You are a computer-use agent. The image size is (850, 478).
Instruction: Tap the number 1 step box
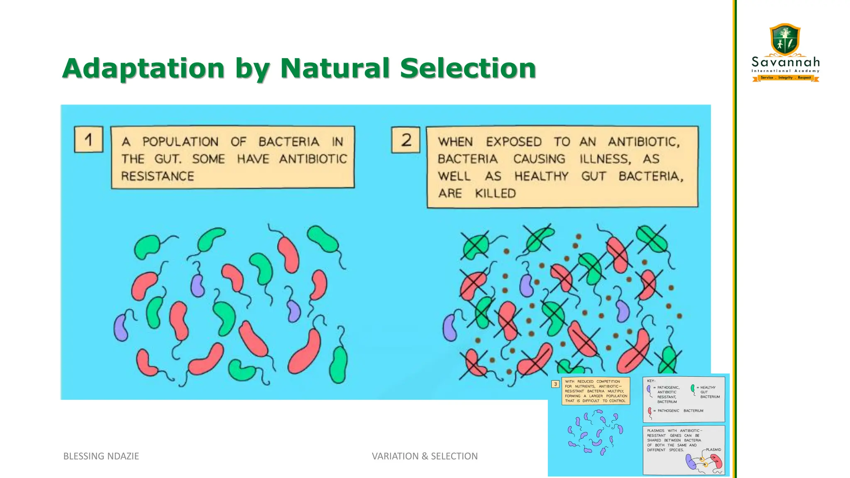pos(88,139)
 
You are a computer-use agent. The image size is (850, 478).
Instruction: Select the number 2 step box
pos(405,140)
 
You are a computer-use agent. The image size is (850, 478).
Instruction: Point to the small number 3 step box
pos(555,384)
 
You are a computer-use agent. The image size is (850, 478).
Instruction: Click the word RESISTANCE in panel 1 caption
pos(157,176)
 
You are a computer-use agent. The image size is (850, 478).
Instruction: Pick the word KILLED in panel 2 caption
pos(495,193)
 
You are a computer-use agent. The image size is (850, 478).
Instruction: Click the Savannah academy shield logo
pos(785,39)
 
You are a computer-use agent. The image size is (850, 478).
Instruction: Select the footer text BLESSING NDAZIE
pos(101,456)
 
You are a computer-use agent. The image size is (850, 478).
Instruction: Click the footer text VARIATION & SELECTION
pos(425,456)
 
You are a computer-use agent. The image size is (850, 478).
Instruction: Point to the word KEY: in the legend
pos(651,381)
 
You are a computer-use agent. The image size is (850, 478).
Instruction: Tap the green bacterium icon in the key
pos(692,389)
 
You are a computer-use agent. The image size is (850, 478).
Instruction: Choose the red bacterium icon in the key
pos(650,412)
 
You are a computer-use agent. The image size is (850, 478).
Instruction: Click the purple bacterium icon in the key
pos(649,390)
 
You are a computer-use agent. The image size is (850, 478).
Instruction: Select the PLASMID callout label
pos(713,450)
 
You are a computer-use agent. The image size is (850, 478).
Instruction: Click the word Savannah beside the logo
pos(786,63)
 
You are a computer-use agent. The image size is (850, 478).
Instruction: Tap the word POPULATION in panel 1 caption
pos(180,142)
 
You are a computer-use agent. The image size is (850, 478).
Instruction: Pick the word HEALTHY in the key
pos(708,388)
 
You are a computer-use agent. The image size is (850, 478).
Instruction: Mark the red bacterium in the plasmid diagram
pos(716,461)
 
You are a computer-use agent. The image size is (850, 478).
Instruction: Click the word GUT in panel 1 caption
pos(167,159)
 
